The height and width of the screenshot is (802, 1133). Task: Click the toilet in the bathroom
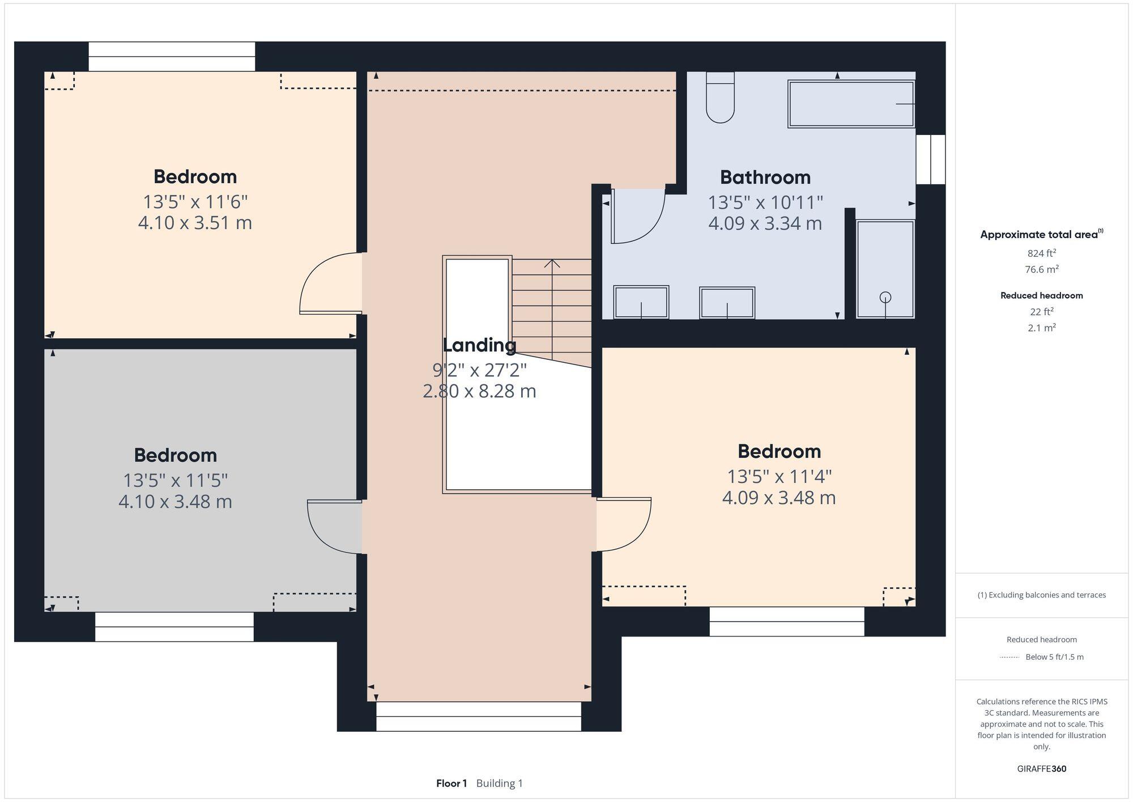click(720, 100)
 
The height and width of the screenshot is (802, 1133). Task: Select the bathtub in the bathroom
click(851, 104)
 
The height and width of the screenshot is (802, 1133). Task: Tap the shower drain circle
click(885, 297)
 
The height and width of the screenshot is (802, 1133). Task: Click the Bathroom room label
click(765, 177)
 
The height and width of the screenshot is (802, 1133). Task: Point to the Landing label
click(479, 345)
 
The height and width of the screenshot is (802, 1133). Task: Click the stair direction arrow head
click(552, 263)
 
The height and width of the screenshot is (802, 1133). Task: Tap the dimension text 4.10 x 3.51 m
click(195, 223)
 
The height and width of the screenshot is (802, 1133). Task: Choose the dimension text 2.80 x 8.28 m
click(479, 391)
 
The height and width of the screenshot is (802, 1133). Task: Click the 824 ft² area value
click(1041, 253)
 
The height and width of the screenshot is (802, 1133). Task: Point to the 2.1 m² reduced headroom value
click(1041, 328)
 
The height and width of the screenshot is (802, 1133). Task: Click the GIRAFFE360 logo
click(1041, 769)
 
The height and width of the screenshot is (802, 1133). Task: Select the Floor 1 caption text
click(452, 783)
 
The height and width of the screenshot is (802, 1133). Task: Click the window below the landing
click(479, 716)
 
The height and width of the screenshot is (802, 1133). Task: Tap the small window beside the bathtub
click(931, 159)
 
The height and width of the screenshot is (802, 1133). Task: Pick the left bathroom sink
click(641, 302)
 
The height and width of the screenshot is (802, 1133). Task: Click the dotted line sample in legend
click(1009, 657)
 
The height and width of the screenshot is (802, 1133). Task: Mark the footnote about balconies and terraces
click(1041, 595)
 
